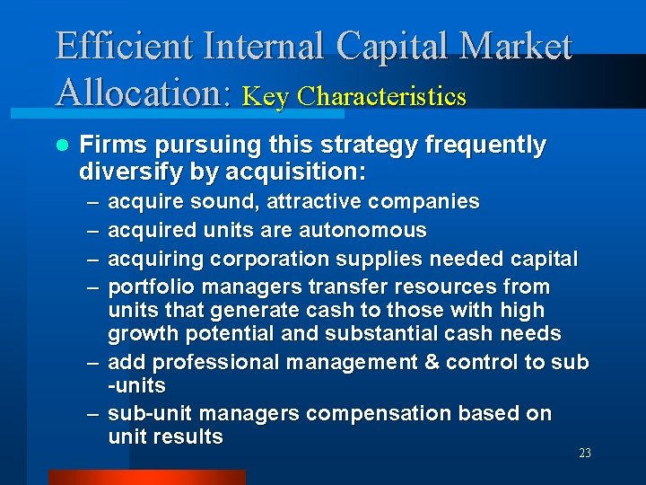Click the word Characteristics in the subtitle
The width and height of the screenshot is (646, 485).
[382, 96]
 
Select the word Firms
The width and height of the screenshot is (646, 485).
[109, 145]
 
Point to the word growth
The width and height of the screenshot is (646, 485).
[139, 334]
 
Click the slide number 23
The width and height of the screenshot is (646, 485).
[584, 454]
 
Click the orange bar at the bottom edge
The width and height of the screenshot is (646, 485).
[146, 477]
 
